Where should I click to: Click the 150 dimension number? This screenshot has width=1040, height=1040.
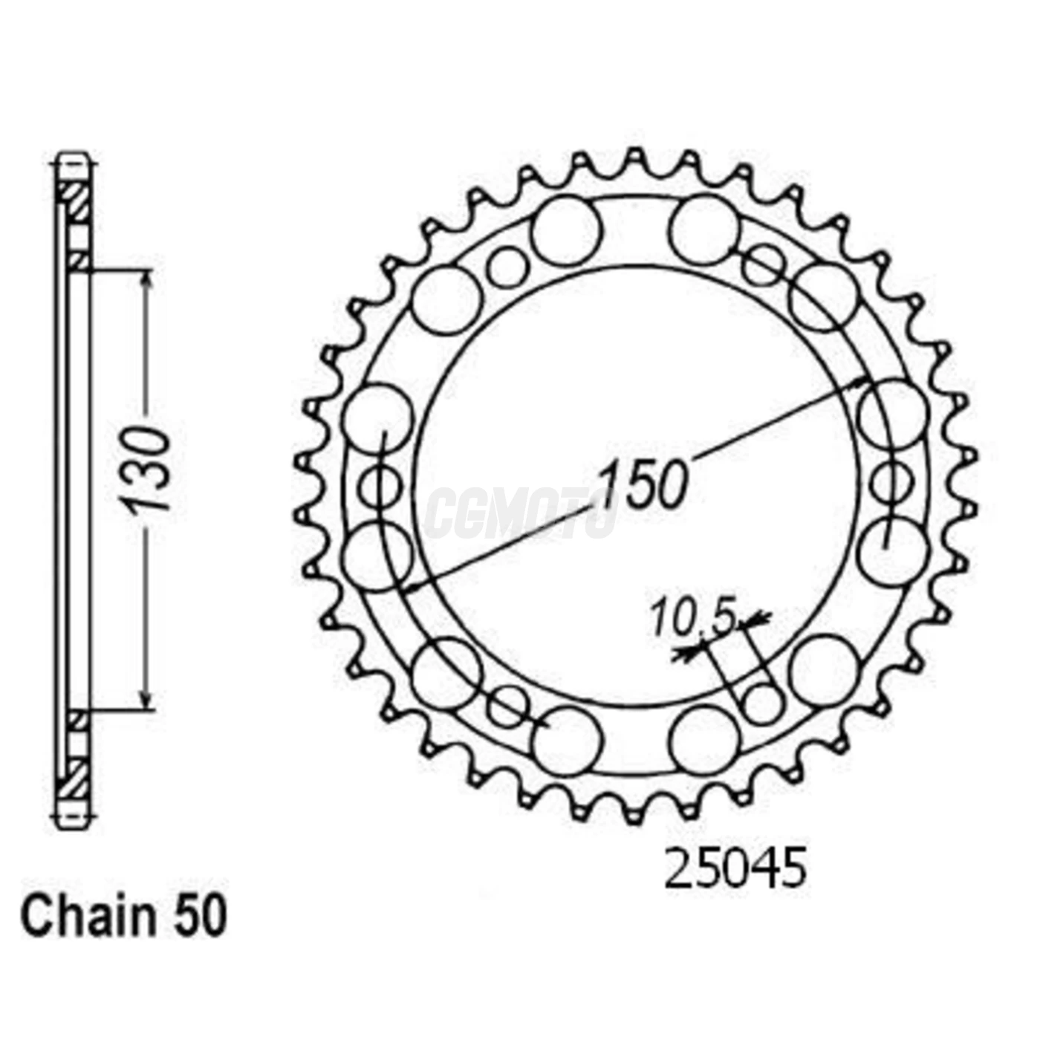(643, 485)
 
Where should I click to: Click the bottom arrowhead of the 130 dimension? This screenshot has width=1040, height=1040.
(147, 703)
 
